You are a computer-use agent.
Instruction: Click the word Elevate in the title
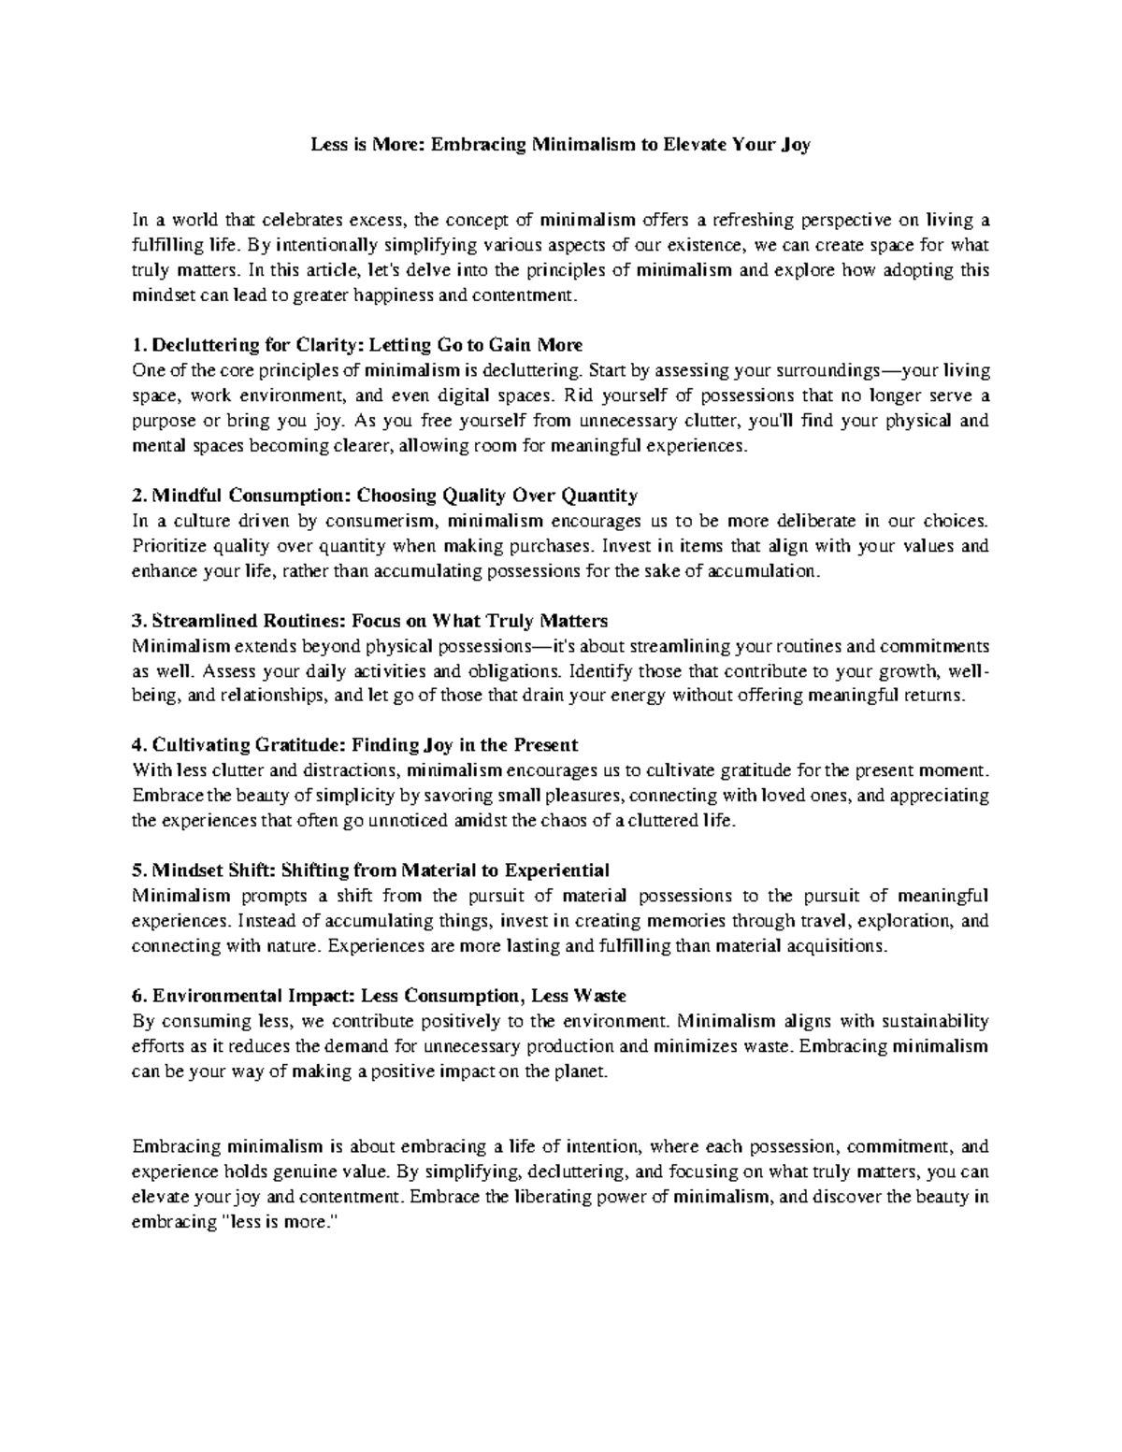[x=695, y=145]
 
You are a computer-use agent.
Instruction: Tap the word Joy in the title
[x=796, y=146]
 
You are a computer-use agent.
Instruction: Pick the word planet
[x=585, y=1071]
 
